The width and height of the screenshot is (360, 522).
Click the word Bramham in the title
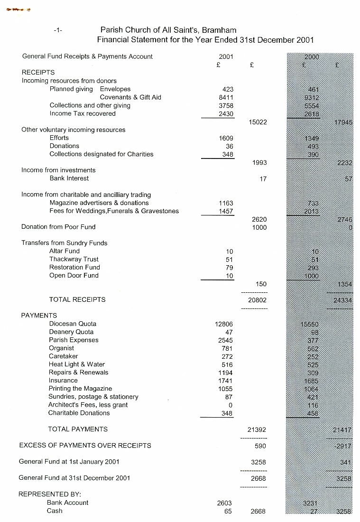click(219, 30)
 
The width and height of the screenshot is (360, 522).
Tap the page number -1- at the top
click(58, 30)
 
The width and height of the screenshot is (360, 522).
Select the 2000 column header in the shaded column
click(312, 57)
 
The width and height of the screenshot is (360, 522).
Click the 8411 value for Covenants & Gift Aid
click(226, 97)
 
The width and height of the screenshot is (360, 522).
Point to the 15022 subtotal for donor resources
click(258, 122)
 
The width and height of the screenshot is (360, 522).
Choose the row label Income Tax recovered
click(83, 113)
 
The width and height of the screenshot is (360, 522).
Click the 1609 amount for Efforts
click(226, 138)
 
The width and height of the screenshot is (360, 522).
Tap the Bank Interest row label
click(69, 178)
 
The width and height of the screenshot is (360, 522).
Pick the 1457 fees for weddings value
click(226, 211)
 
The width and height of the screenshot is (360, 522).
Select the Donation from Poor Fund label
click(58, 227)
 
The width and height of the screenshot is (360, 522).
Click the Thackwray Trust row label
click(74, 259)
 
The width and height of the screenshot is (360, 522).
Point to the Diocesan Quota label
click(73, 324)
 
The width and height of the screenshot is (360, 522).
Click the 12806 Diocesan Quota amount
click(224, 324)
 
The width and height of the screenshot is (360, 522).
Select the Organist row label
click(62, 348)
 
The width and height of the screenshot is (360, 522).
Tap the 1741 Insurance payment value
click(225, 381)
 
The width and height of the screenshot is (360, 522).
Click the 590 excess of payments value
click(260, 446)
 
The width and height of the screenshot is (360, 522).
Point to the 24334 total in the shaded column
click(342, 300)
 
